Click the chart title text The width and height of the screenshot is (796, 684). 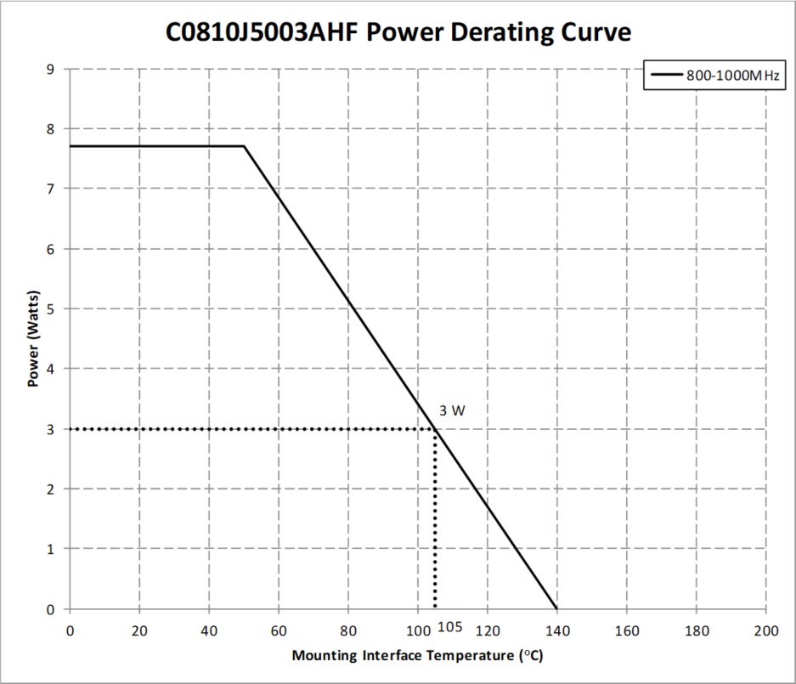398,32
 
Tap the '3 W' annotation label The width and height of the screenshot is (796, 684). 452,411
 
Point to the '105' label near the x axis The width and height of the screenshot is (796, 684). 450,627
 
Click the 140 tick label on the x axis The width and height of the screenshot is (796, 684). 557,630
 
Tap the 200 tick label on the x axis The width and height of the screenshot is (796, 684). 766,630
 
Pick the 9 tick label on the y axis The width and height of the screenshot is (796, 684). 51,69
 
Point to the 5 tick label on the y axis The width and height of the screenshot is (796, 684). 51,308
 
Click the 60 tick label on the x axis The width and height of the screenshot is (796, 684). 279,630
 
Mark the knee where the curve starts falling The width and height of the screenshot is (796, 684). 244,146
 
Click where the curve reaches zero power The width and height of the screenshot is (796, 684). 557,608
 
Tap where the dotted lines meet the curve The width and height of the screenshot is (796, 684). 436,429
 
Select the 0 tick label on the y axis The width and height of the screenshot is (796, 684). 51,609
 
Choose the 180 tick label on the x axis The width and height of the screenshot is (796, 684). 697,630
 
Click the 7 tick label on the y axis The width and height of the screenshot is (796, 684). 51,189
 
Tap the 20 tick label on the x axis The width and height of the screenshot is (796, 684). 139,630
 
